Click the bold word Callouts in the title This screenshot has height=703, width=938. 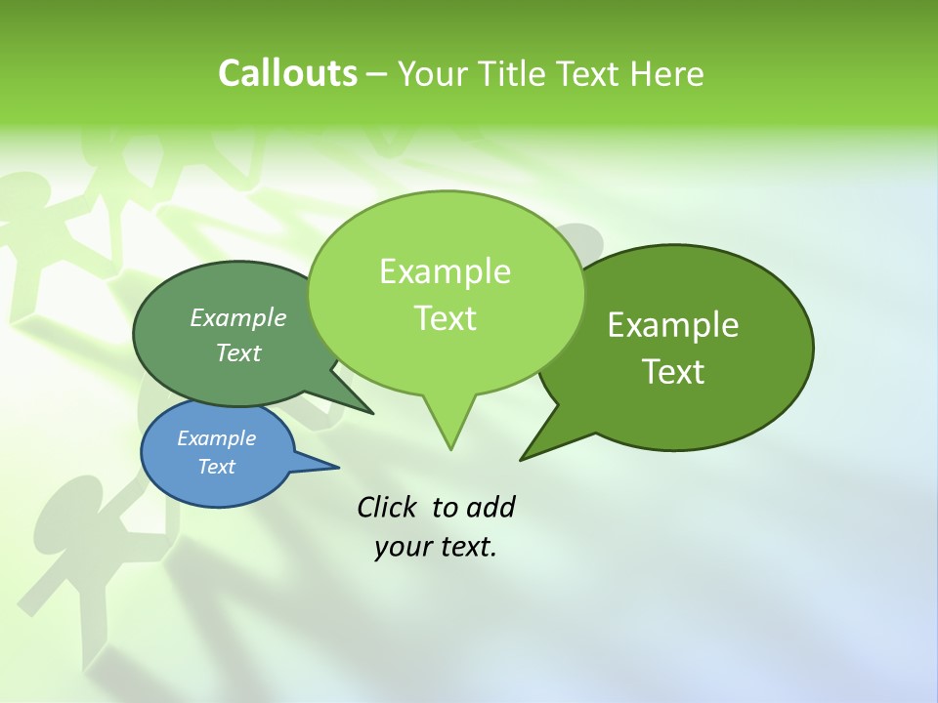tap(287, 74)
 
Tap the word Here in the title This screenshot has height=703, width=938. tap(666, 74)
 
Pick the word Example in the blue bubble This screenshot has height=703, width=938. tap(216, 438)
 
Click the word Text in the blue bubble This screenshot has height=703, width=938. tap(216, 467)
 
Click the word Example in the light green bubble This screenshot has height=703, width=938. tap(445, 271)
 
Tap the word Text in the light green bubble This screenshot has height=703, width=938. tap(445, 318)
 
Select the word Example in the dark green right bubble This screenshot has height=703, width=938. tap(673, 325)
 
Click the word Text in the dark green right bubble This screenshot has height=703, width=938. tap(673, 372)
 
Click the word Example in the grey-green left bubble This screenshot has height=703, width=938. tap(238, 318)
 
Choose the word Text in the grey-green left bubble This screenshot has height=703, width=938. tap(238, 352)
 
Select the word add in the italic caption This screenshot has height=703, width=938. tap(490, 507)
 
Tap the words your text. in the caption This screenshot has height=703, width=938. tap(436, 547)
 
